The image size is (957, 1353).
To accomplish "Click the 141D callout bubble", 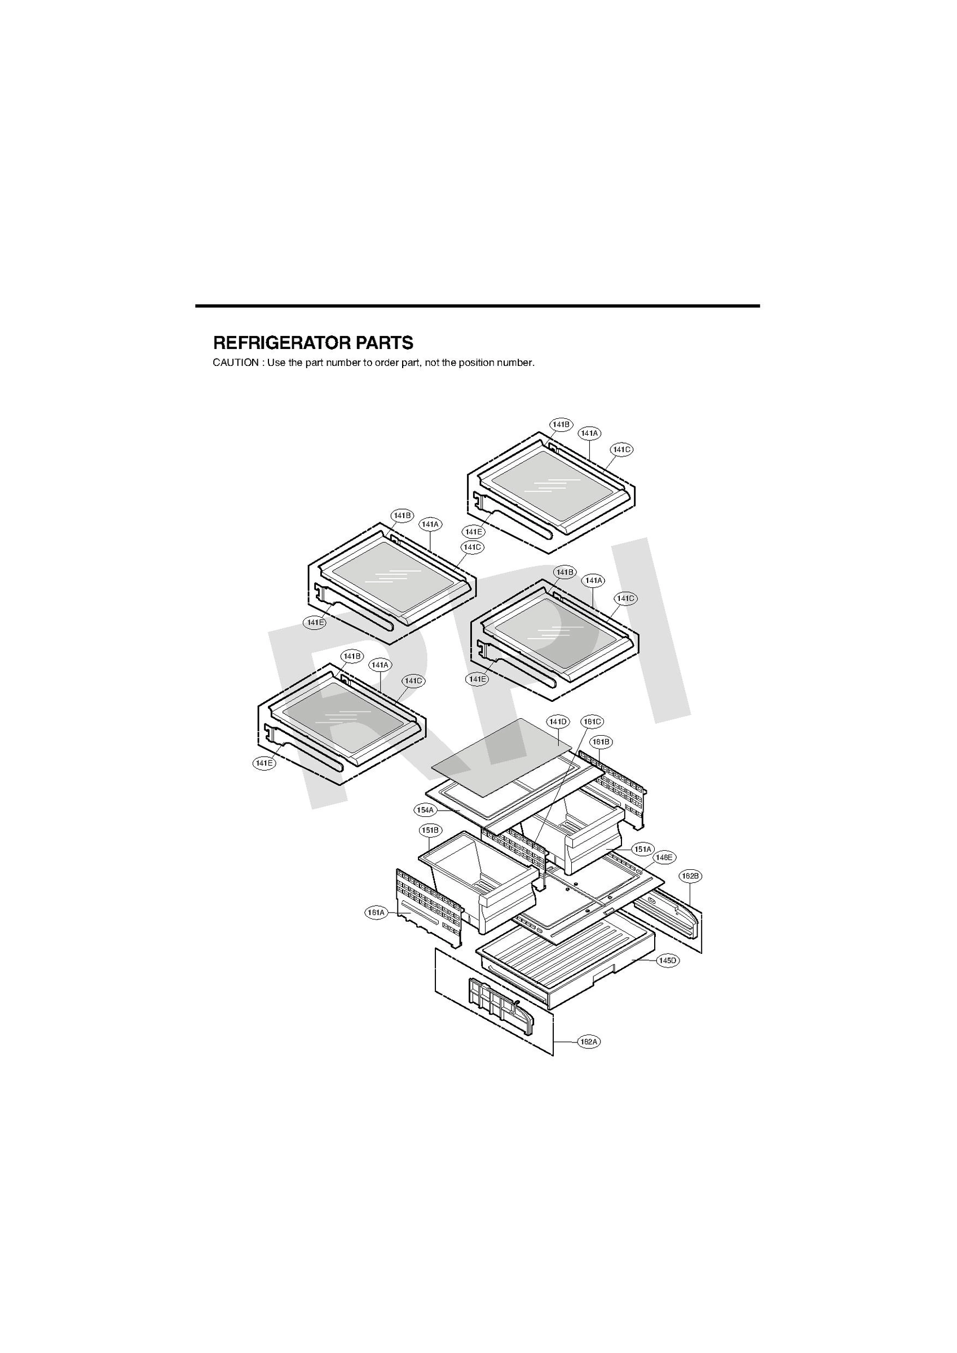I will point(557,721).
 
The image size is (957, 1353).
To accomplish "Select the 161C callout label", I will point(592,721).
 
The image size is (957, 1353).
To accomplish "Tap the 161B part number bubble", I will point(601,741).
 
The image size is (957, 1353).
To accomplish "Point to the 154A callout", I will point(425,810).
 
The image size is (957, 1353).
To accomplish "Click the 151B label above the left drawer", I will point(430,830).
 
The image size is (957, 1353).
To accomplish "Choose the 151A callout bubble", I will point(642,849).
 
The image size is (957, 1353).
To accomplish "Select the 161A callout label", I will point(376,913).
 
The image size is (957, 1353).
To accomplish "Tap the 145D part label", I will point(668,961).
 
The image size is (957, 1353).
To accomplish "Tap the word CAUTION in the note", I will point(235,363).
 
